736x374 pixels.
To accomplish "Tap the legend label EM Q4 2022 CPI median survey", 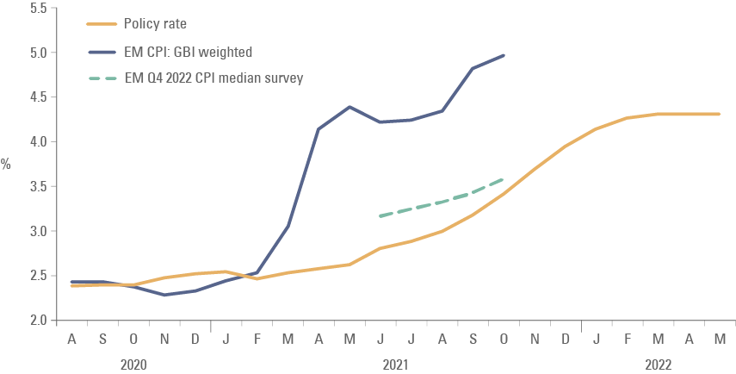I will click(213, 78).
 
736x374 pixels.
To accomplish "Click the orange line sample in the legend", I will click(102, 25).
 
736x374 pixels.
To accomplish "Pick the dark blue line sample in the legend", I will click(102, 52).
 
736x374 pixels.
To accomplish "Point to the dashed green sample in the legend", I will click(102, 78).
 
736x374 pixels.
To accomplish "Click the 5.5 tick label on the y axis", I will click(39, 8).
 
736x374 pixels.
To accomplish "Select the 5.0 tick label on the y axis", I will click(39, 53).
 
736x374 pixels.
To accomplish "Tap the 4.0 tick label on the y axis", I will click(39, 141).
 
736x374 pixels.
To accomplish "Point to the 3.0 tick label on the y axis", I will click(39, 231).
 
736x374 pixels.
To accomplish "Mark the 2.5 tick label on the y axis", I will click(39, 276).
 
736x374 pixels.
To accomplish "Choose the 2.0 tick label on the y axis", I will click(39, 321).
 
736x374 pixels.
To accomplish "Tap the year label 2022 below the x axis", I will click(659, 365).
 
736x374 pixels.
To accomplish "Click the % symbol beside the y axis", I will click(6, 164).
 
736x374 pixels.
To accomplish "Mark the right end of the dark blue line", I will click(504, 55).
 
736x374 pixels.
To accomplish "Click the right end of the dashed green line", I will click(504, 179).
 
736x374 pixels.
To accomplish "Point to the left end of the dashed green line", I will click(380, 215).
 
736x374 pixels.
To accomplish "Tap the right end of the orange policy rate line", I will click(719, 114).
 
